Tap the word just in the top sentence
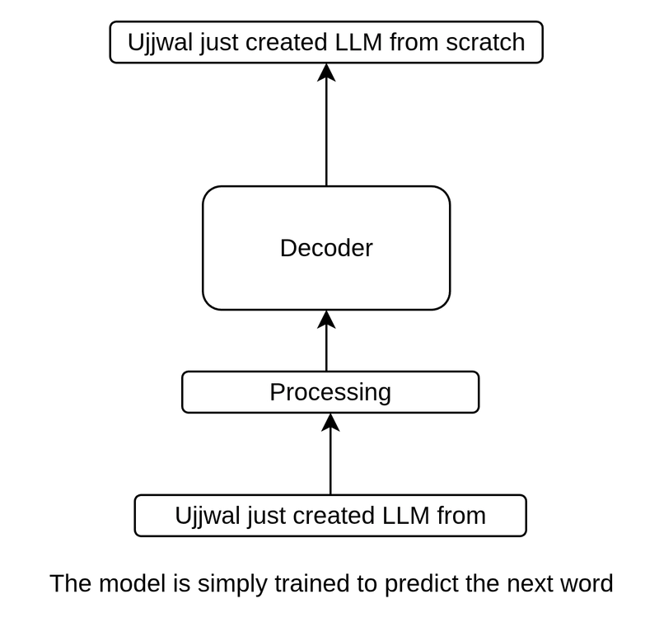pos(222,43)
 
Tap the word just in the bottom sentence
pos(270,517)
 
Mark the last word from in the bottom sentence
pos(460,516)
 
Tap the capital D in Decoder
pos(287,248)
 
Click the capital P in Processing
pos(277,392)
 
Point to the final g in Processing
pos(384,395)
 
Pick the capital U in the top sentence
pos(135,42)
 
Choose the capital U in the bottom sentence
pos(183,516)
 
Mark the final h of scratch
pos(519,42)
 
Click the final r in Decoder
pos(369,250)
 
